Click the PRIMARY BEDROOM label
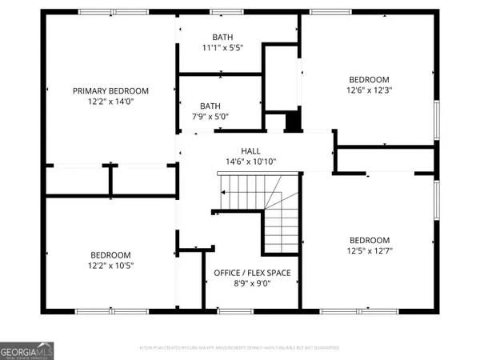click(x=111, y=90)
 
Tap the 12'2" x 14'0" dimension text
click(x=111, y=102)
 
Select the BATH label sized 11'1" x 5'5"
click(x=222, y=37)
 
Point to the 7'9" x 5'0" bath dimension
click(x=210, y=117)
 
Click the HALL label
click(x=251, y=150)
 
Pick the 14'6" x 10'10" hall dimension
click(x=251, y=162)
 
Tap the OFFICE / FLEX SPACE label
click(x=252, y=273)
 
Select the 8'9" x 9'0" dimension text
click(x=252, y=284)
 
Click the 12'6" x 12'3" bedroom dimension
click(x=369, y=91)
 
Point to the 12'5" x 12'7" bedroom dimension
click(x=369, y=252)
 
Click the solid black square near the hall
click(x=293, y=122)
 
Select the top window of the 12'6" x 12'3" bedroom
click(x=326, y=13)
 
